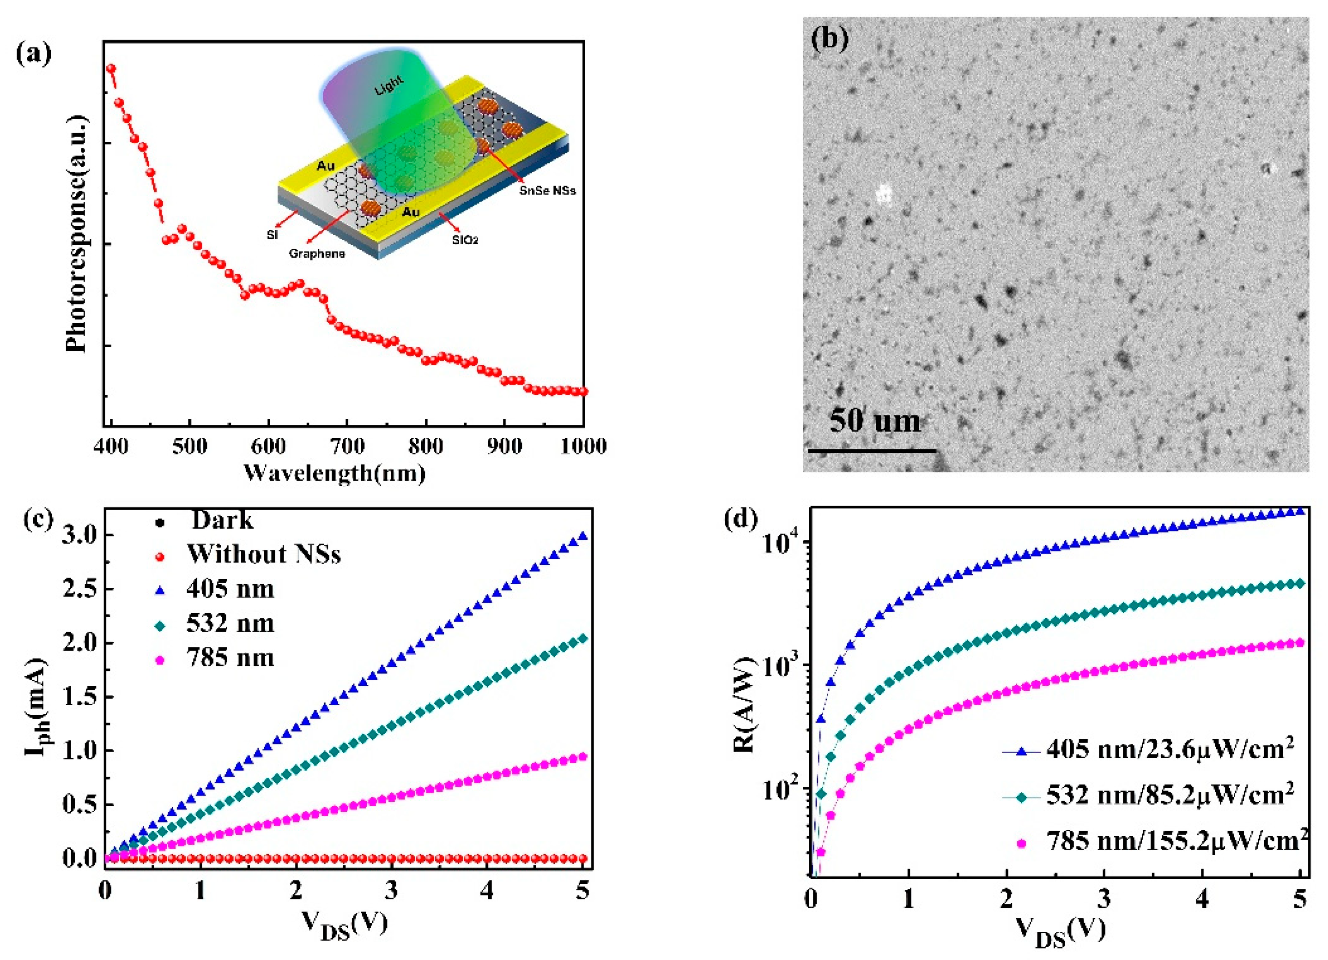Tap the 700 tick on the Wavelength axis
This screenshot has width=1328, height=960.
click(347, 446)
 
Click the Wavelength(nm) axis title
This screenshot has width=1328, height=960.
click(334, 472)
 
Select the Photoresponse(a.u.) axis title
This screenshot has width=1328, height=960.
click(77, 234)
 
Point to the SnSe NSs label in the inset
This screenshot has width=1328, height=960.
click(547, 190)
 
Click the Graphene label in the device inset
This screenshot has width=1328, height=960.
click(317, 254)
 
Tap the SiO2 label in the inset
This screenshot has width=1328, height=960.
click(465, 239)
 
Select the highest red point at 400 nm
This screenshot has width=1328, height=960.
click(111, 68)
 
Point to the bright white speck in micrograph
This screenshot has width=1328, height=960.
click(884, 193)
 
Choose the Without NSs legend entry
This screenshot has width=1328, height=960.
click(263, 554)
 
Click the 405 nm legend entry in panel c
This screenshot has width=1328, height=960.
click(230, 588)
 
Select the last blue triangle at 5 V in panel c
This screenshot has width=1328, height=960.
click(582, 536)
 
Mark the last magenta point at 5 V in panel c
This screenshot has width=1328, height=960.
click(582, 757)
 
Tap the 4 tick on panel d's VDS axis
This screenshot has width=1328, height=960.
click(1201, 898)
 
